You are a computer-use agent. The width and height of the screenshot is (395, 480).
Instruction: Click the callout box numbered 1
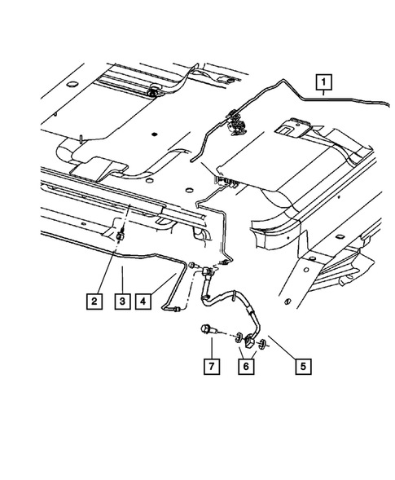click(324, 81)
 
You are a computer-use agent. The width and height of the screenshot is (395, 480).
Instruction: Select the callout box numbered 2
click(95, 301)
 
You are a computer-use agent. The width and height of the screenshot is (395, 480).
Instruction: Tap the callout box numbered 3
click(121, 301)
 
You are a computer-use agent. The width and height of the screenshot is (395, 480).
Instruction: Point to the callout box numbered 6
click(243, 366)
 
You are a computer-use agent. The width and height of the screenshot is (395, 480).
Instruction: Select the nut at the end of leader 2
click(120, 236)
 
